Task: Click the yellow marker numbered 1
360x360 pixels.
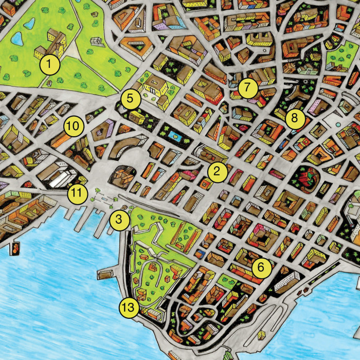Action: tap(49, 65)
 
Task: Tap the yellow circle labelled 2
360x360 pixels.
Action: tap(217, 172)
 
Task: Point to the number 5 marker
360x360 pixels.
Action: tap(131, 98)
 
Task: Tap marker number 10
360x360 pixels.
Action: tap(74, 125)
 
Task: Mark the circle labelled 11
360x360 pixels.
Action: tap(77, 193)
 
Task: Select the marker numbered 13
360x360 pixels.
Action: tap(129, 308)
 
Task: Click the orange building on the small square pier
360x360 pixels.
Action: tap(16, 247)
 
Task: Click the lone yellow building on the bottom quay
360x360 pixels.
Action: tap(261, 334)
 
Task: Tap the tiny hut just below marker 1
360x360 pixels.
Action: tap(49, 82)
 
